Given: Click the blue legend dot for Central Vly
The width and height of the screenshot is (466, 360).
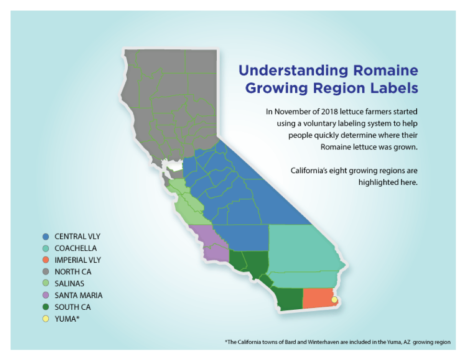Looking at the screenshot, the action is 46,236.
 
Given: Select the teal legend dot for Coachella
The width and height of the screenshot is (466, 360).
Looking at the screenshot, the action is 46,248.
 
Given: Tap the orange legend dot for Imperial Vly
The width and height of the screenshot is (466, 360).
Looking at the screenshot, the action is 46,260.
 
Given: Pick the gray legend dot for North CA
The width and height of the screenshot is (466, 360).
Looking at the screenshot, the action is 46,272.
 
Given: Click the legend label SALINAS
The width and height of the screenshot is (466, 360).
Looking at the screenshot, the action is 69,283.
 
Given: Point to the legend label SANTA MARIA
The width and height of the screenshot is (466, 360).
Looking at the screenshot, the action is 78,295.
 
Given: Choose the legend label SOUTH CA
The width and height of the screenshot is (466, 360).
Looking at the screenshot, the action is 73,307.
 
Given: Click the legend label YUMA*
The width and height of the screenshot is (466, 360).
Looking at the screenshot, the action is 67,319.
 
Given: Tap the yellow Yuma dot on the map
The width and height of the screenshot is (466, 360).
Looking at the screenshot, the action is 334,300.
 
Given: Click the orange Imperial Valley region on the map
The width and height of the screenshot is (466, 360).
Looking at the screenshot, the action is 317,298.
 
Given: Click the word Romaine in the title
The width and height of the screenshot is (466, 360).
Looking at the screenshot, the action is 386,70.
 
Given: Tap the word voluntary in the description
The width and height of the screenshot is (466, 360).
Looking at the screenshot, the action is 317,124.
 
